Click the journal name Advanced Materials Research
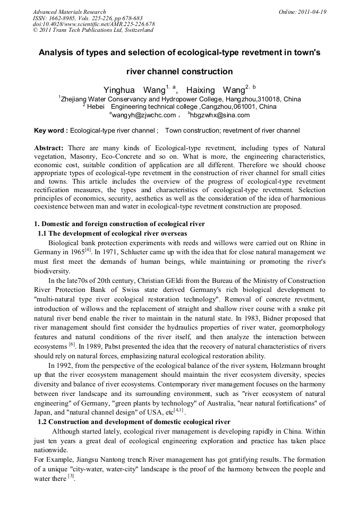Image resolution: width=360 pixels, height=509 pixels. [70, 12]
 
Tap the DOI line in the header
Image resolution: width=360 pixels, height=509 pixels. [94, 24]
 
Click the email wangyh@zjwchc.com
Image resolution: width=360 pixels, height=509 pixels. [142, 115]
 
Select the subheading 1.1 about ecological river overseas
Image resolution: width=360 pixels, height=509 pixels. [113, 234]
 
